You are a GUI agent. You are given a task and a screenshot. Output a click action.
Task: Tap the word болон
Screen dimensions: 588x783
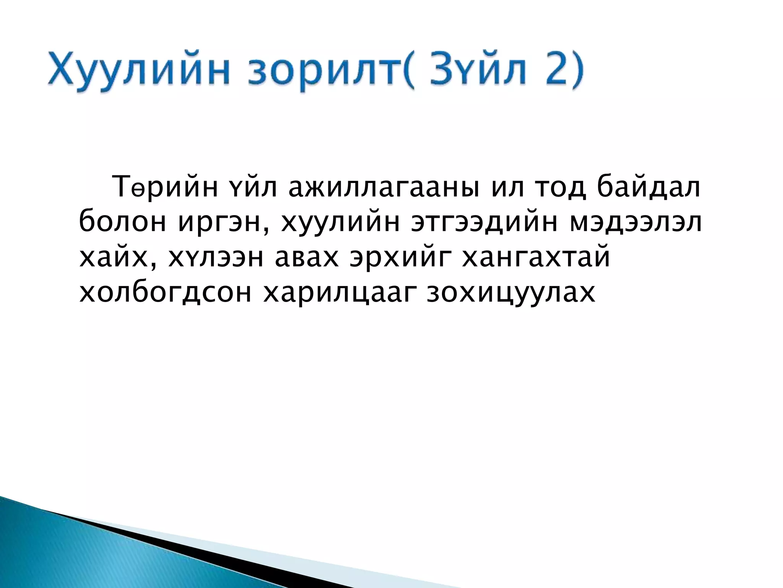(123, 222)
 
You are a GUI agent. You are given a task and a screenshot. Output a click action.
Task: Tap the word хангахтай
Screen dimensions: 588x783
(536, 257)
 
